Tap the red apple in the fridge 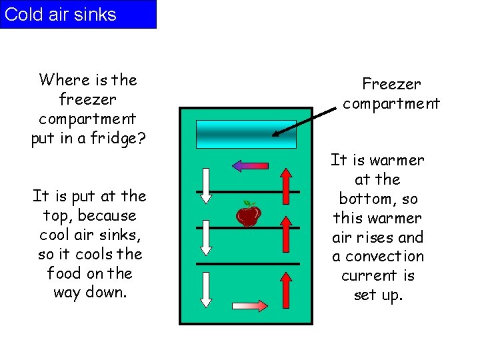click(248, 215)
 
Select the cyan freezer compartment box click(246, 133)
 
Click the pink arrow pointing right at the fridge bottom click(249, 306)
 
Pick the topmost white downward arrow click(206, 185)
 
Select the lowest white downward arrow click(206, 289)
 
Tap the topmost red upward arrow click(285, 185)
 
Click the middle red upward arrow click(285, 237)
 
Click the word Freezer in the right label click(391, 85)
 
